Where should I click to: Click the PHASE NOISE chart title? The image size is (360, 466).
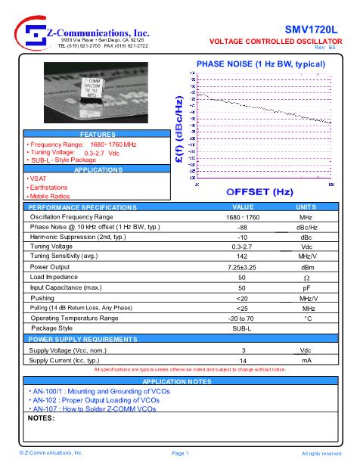tap(260, 64)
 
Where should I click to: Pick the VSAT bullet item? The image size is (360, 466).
tap(39, 179)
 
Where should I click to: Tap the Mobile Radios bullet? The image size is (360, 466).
tap(50, 196)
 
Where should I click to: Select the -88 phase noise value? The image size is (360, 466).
tap(243, 227)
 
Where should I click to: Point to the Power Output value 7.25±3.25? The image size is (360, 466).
tap(243, 267)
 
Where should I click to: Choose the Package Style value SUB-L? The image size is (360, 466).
tap(243, 328)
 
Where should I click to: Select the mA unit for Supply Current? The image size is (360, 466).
tap(306, 361)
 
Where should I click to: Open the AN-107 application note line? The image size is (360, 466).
tap(93, 409)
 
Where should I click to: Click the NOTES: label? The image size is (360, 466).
tap(42, 418)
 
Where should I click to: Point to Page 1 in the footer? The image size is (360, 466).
tap(180, 453)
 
